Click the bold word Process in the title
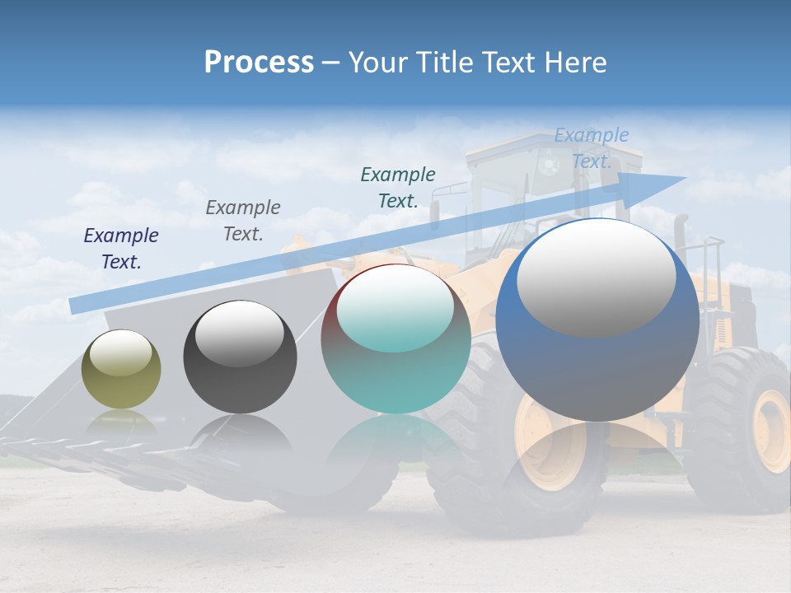[x=259, y=63]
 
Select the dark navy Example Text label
[x=121, y=248]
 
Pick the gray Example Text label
[x=243, y=220]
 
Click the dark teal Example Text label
[x=398, y=187]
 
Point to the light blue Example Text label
[x=591, y=147]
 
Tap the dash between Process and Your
[x=330, y=63]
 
